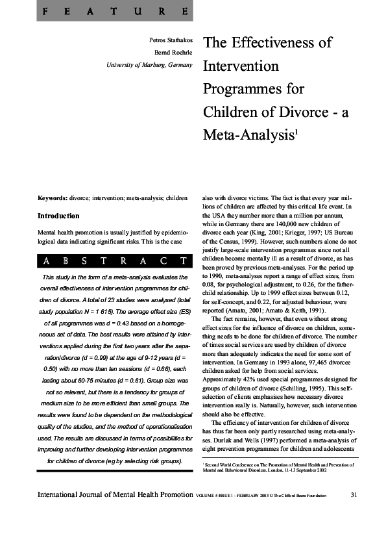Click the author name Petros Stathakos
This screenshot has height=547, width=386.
[x=171, y=40]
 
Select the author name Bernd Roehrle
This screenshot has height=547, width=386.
[x=173, y=52]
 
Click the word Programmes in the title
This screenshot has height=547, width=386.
[x=254, y=88]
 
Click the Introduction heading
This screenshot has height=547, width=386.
[x=58, y=216]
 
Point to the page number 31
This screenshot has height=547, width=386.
[x=354, y=496]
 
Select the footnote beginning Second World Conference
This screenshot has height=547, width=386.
[x=280, y=468]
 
